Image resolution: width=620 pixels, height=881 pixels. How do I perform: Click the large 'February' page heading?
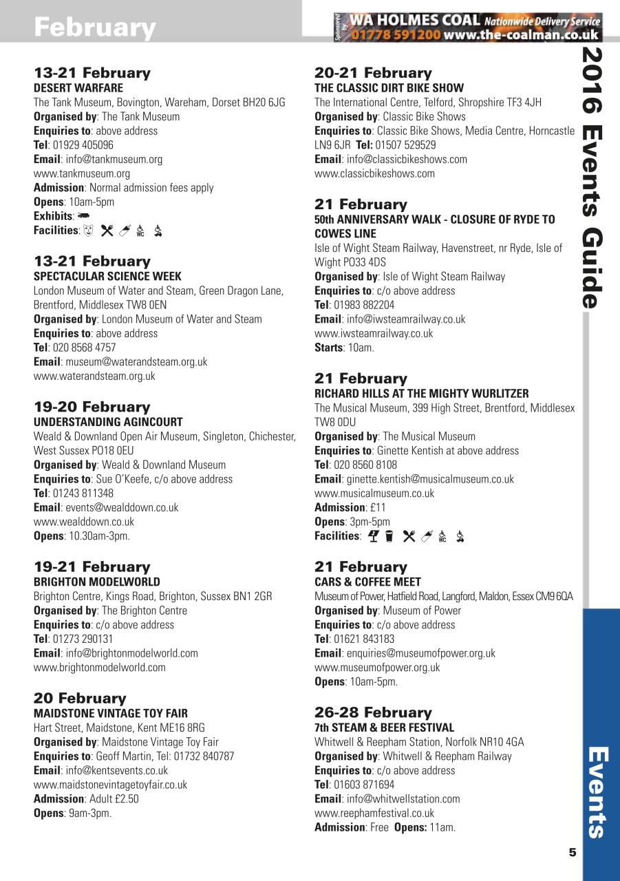(95, 28)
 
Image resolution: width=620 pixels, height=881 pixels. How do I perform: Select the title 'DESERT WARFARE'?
(78, 88)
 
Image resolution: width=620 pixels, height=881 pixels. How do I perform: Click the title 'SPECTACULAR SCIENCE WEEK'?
(107, 277)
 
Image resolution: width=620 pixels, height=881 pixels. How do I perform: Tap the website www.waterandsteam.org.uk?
(94, 376)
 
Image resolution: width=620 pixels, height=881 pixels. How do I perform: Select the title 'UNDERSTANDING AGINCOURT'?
(108, 422)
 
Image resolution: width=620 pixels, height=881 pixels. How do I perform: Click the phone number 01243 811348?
(83, 493)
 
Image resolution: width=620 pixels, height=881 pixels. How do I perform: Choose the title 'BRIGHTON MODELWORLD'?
(97, 582)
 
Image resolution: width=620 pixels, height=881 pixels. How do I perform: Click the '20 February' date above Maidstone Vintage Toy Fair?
(80, 698)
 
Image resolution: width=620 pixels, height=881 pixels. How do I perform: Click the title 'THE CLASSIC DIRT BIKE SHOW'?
(389, 88)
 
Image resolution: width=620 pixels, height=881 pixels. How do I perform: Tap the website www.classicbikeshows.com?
(374, 173)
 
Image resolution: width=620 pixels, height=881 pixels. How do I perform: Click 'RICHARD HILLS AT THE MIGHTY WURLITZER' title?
(421, 394)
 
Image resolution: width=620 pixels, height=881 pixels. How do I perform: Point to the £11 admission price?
(377, 507)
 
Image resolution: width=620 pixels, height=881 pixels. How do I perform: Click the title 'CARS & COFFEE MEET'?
(367, 582)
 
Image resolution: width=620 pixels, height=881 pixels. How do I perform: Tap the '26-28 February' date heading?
(373, 712)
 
